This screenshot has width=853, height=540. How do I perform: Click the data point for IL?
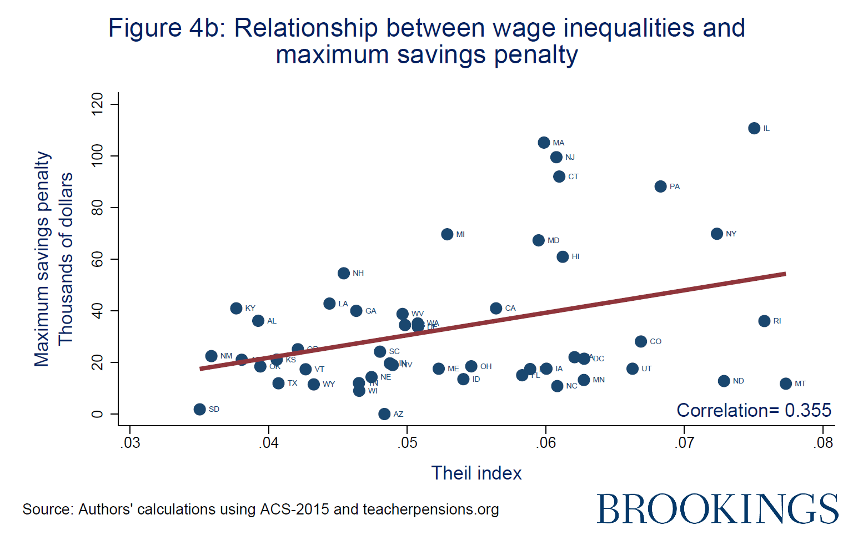click(x=754, y=128)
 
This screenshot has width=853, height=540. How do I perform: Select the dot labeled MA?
click(x=544, y=143)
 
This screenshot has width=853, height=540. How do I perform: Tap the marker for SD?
click(x=200, y=409)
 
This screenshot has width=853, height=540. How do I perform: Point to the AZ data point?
click(x=384, y=414)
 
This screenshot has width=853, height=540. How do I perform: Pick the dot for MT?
click(x=785, y=383)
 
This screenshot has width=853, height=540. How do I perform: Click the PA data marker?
click(x=660, y=186)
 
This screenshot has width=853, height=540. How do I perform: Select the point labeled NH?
click(x=344, y=273)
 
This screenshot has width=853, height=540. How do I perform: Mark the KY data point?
click(x=236, y=308)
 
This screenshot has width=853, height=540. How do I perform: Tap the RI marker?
click(x=764, y=321)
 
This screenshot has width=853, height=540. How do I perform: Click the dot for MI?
click(x=447, y=234)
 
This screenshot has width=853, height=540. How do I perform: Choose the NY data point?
click(x=717, y=234)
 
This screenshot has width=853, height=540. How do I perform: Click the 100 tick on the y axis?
click(x=98, y=156)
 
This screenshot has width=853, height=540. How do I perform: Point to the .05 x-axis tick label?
click(x=407, y=443)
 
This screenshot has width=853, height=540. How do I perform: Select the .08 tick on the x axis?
click(x=823, y=443)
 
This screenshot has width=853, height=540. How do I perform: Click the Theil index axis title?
click(x=476, y=473)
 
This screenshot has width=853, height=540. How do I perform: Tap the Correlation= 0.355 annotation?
click(x=754, y=410)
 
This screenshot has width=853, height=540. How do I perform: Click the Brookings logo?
click(x=717, y=508)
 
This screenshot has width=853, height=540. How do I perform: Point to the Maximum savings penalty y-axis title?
click(x=42, y=259)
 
